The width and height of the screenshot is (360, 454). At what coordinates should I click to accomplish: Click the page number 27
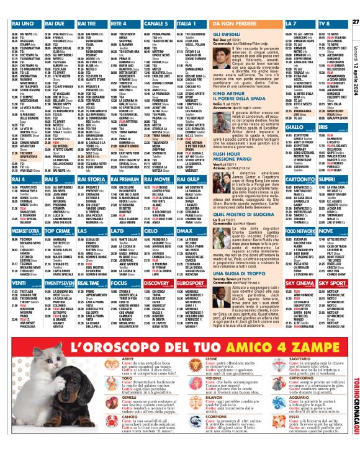pyautogui.click(x=355, y=5)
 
